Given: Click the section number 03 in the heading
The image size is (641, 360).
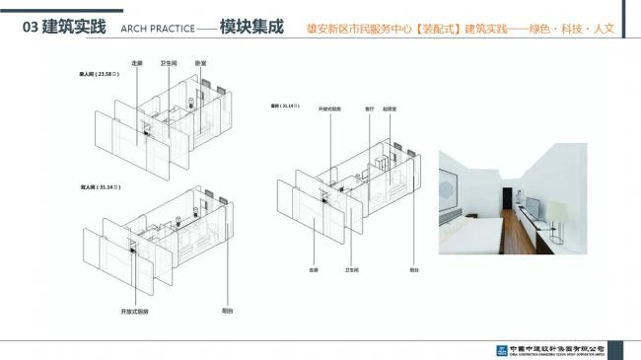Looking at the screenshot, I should pos(30,28).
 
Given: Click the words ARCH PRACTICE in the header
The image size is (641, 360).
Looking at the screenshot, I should pos(158,29).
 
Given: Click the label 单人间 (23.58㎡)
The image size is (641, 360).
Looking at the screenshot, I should pos(100,74).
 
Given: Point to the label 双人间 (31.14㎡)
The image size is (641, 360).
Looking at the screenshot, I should pos(100,184).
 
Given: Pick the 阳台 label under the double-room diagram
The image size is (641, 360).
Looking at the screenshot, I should pos(228,311).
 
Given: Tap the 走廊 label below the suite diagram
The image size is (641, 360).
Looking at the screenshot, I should pos(313,268).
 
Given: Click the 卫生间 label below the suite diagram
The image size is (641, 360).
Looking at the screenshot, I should pos(351,268).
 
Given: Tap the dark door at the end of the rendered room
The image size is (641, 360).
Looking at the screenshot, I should pos(505,193).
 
